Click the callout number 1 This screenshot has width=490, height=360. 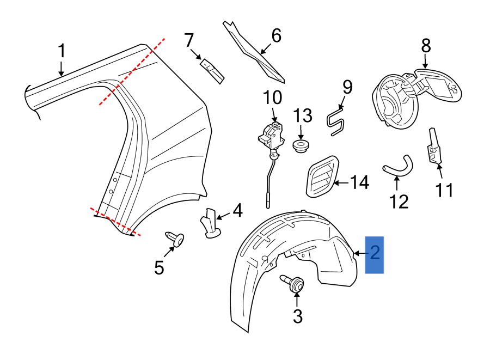point(62,52)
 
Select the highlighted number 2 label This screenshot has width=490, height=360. point(375,253)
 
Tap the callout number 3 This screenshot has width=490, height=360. point(297,316)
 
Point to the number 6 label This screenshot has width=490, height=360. point(276,36)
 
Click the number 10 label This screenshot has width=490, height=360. point(273,98)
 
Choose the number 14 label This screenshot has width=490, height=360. point(358,182)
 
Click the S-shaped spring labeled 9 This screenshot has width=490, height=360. point(336,121)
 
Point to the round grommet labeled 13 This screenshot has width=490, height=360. point(301,146)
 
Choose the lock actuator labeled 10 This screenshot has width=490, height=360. point(271,136)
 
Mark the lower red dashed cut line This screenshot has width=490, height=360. point(115,222)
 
